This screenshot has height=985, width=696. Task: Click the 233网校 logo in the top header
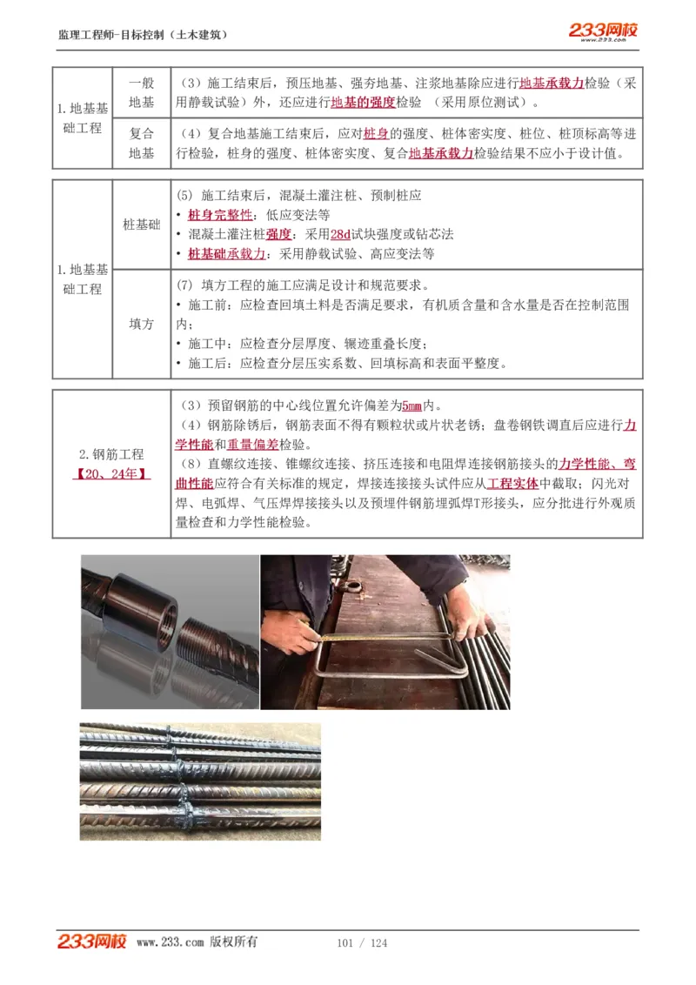(603, 31)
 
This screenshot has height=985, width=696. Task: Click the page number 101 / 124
(362, 943)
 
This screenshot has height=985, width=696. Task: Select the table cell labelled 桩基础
(141, 224)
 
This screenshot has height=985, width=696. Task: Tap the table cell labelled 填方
(141, 324)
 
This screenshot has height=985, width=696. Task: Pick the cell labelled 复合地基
(141, 144)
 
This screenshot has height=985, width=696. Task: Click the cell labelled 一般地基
(141, 92)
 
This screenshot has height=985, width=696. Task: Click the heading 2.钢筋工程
(111, 454)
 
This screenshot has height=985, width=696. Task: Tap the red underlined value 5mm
(412, 405)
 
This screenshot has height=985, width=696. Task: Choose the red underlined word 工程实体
(512, 484)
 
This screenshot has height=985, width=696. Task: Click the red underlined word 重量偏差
(252, 444)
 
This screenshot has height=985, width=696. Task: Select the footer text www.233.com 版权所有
(197, 942)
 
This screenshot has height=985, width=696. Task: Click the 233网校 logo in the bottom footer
(92, 941)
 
